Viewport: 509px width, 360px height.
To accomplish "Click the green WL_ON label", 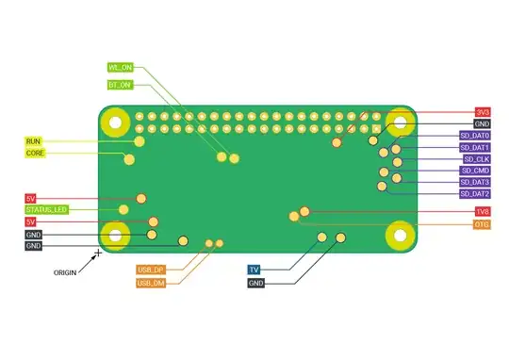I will pos(120,68).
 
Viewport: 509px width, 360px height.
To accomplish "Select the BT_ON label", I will pos(120,85).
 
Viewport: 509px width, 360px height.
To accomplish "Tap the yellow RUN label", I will pos(34,141).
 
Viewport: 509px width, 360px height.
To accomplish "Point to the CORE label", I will pos(34,153).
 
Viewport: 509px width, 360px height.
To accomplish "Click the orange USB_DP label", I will pos(151,270).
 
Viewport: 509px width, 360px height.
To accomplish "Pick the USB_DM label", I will pos(151,283).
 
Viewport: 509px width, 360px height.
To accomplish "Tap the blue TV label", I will pos(254,270).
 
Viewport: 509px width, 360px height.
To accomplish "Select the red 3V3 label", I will pos(482,112).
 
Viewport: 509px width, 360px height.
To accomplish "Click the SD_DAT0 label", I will pos(474,136).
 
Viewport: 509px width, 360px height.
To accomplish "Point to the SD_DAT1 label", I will pos(474,148).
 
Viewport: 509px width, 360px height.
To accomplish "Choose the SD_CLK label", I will pos(476,159).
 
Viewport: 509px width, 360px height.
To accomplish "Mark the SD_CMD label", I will pos(475,171).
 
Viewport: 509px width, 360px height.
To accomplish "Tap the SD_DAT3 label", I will pos(474,182).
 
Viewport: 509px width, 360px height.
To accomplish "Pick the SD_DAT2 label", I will pos(474,194).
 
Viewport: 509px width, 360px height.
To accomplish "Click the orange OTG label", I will pos(482,224).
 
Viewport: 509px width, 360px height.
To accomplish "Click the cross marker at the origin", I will pos(98,253).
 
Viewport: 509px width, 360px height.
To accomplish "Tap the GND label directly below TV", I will pos(256,283).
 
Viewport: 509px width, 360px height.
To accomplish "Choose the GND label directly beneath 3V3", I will pos(482,123).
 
